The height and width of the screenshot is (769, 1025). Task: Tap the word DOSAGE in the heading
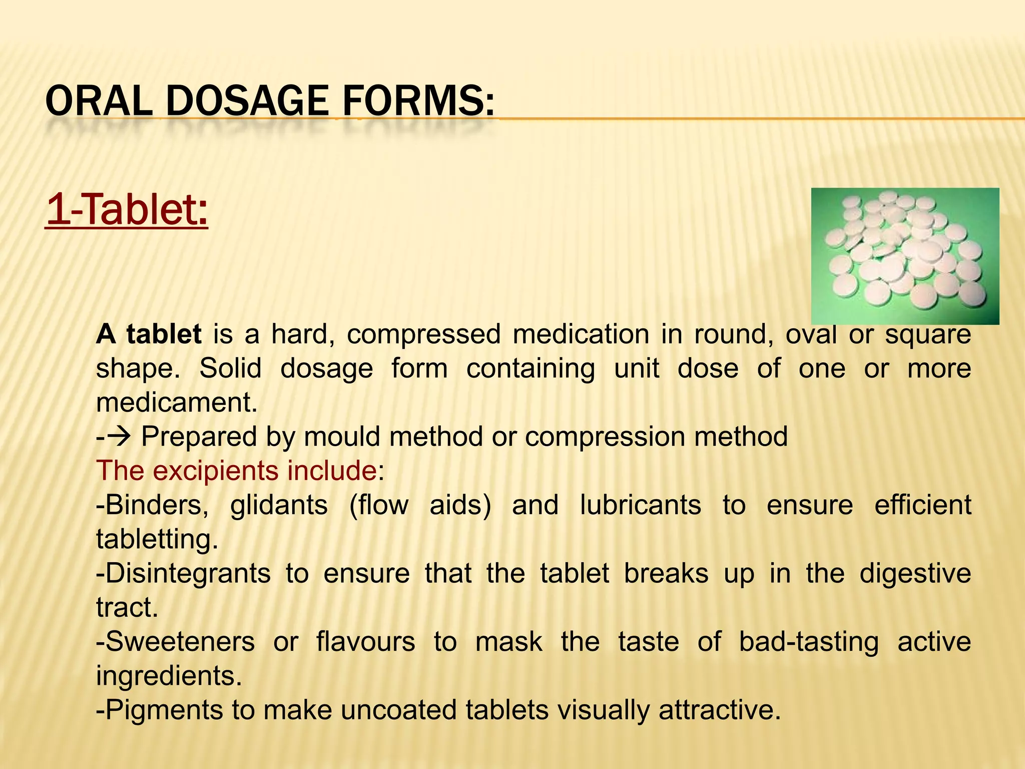[247, 101]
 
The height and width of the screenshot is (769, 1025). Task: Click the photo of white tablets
[904, 256]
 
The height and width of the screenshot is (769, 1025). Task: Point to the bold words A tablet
[149, 334]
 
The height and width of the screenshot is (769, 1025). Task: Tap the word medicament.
[177, 402]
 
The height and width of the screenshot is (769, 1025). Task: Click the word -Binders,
[152, 505]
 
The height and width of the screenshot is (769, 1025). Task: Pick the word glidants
[279, 505]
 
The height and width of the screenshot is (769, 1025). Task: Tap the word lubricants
[640, 505]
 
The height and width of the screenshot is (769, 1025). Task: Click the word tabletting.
[157, 539]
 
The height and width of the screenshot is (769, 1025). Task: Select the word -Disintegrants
[183, 573]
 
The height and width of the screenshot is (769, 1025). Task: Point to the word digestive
[915, 574]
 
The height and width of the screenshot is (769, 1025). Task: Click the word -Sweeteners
[175, 642]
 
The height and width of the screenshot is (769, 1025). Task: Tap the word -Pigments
[159, 710]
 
